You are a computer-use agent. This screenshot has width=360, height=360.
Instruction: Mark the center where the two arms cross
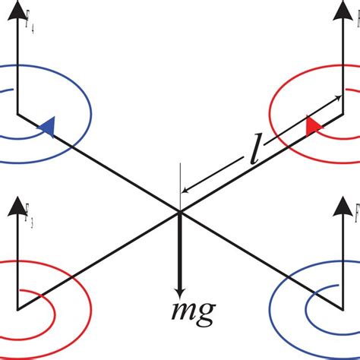pyautogui.click(x=180, y=212)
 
